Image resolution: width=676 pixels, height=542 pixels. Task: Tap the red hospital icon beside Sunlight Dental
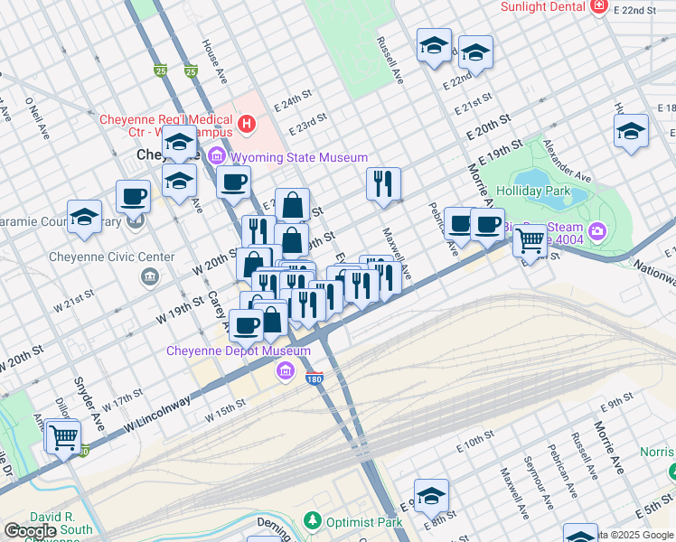[597, 7]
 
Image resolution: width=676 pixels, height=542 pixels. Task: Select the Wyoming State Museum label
[298, 158]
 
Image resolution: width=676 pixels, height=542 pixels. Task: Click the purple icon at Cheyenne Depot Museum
[285, 369]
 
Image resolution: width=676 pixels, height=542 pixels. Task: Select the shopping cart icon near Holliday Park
[530, 240]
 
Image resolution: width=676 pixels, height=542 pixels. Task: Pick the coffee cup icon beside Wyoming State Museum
[234, 182]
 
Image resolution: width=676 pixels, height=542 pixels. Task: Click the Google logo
[31, 531]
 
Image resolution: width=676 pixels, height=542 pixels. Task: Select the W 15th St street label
[225, 410]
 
